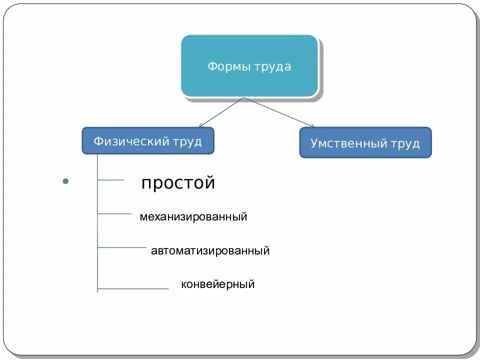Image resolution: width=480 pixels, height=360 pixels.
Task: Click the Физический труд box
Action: (148, 140)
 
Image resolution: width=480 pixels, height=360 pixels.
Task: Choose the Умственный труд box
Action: (365, 142)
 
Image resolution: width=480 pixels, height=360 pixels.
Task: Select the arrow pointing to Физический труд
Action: (220, 112)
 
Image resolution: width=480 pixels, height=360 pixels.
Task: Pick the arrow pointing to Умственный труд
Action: (280, 112)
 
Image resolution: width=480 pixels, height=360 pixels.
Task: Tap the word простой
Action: (178, 182)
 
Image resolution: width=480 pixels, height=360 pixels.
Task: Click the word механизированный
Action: (193, 217)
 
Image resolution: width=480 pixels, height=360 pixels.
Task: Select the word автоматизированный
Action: (210, 250)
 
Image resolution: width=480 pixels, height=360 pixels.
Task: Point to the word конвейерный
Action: (217, 284)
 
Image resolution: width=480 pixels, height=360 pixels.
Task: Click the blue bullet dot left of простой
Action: (64, 181)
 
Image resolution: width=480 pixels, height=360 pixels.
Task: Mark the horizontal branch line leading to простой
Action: (110, 180)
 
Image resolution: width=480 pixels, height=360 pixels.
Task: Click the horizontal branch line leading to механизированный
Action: (114, 214)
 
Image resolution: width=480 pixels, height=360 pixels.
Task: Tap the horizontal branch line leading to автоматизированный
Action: (121, 247)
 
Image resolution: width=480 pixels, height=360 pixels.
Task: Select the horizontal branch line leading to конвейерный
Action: (133, 288)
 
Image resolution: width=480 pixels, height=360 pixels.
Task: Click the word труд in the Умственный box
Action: (405, 143)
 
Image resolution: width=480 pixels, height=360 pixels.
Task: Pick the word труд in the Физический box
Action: (187, 141)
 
